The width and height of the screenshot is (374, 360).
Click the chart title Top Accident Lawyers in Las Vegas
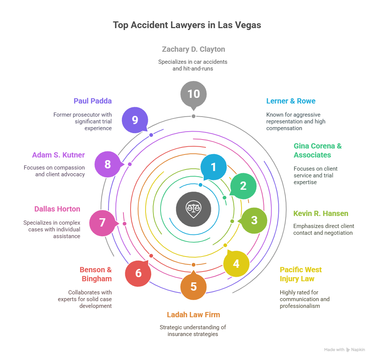click(x=187, y=25)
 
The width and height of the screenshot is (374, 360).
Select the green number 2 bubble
click(x=243, y=186)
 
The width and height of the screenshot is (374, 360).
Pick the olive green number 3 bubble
click(x=254, y=220)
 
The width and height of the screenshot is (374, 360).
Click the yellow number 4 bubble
click(x=236, y=264)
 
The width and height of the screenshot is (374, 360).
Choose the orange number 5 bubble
click(x=193, y=287)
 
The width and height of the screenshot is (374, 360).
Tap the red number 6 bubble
click(x=138, y=273)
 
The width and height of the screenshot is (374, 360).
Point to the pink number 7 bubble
click(x=102, y=223)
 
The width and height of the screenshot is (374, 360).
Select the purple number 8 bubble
click(x=108, y=164)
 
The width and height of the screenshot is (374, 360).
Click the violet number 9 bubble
click(x=135, y=120)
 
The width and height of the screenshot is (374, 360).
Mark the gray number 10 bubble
click(x=193, y=94)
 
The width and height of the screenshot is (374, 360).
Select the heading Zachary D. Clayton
click(x=193, y=49)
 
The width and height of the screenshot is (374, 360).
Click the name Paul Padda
click(x=93, y=101)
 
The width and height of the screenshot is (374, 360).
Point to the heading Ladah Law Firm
click(x=193, y=315)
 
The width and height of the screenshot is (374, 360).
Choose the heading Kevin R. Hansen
click(x=321, y=213)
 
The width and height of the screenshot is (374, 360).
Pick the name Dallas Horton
click(x=57, y=209)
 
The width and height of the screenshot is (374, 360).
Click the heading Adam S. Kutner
click(x=59, y=155)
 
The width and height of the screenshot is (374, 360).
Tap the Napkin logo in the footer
click(x=356, y=349)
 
